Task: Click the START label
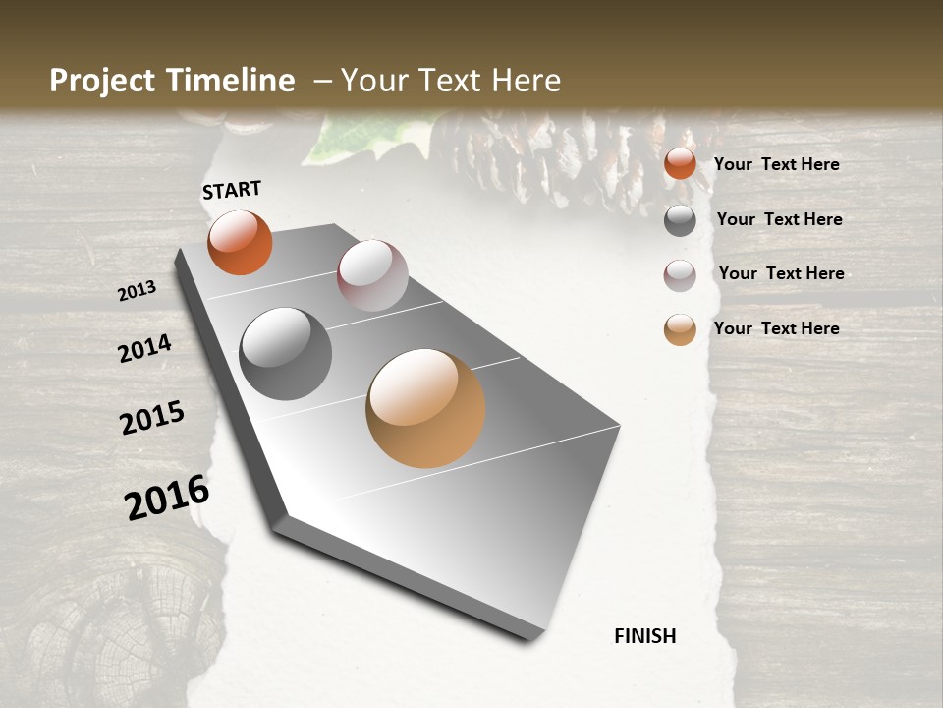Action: pos(232,190)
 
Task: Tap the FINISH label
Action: pos(645,636)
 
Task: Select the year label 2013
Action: pos(138,291)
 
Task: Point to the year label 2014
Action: pos(144,349)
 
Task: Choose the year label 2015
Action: pos(152,418)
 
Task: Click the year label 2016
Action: pos(167,498)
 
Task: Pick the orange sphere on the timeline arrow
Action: pos(240,243)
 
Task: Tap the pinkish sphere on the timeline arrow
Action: pos(372,275)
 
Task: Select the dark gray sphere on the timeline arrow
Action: pos(286,354)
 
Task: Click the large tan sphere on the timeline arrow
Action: pos(425,408)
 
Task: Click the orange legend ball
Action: pos(680,164)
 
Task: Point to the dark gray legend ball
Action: pos(680,220)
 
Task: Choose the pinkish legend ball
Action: pos(680,275)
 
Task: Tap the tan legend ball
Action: pos(680,329)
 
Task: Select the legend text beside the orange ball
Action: pos(776,164)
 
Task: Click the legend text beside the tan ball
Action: pos(776,328)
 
